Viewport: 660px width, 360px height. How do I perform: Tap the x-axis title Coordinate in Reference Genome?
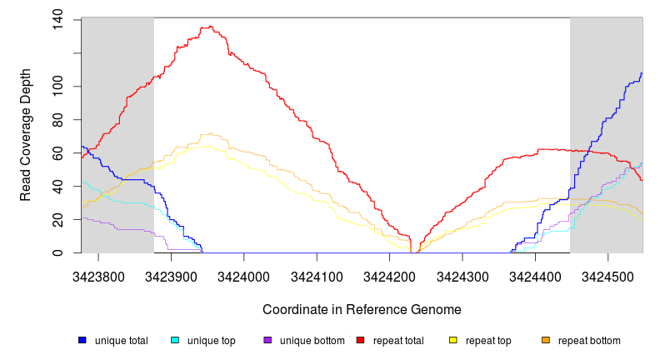pos(362,309)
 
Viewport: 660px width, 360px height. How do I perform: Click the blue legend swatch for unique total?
pos(82,341)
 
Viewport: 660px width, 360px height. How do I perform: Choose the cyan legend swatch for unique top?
pos(175,341)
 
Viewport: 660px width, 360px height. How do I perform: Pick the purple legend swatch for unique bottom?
pos(267,341)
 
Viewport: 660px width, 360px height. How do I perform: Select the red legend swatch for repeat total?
pos(361,341)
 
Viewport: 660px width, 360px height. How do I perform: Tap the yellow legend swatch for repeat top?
pos(453,341)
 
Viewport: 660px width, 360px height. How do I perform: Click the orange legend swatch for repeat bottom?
pos(546,341)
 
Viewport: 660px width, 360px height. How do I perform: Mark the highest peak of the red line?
pos(212,27)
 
